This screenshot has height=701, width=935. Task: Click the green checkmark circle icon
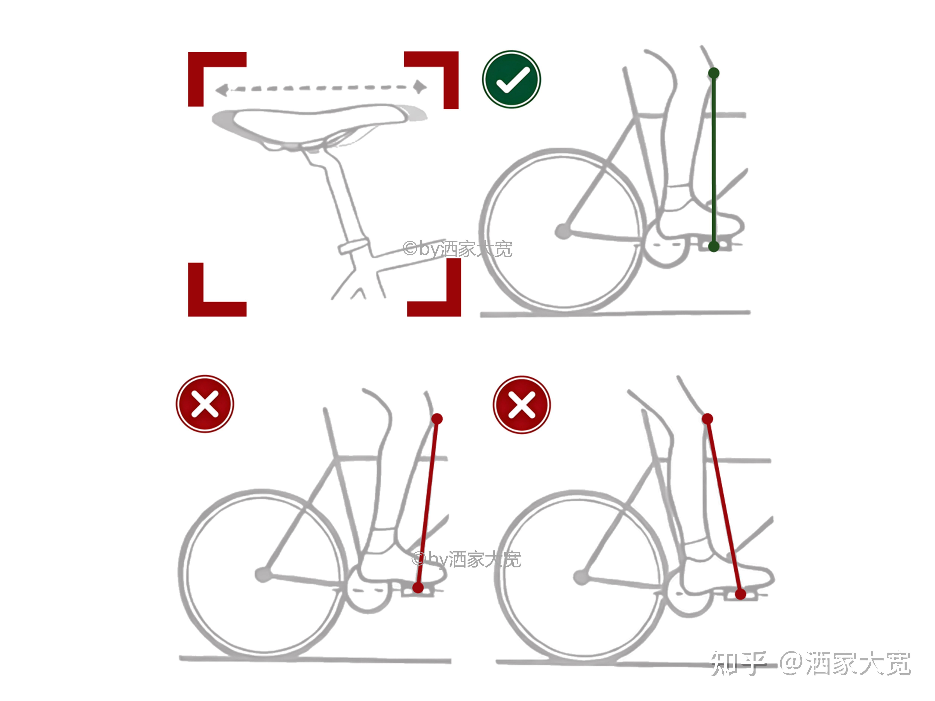(511, 79)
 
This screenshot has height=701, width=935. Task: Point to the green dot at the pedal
(714, 246)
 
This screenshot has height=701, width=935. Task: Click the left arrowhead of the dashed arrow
(222, 90)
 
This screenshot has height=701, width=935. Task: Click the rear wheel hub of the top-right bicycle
(563, 231)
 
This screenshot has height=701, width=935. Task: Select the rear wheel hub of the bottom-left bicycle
(263, 575)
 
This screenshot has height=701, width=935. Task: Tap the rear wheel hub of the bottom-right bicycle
(581, 577)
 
